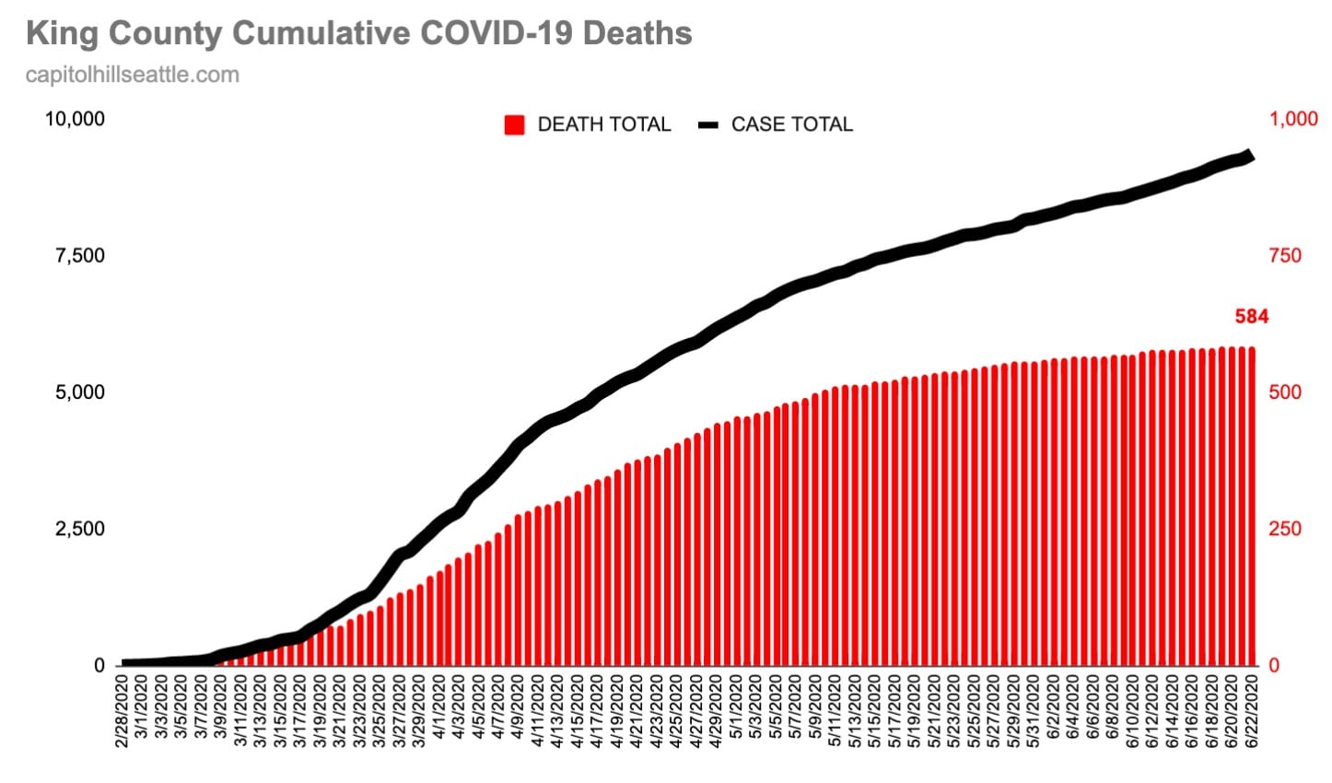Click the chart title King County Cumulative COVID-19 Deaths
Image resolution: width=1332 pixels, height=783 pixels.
[358, 33]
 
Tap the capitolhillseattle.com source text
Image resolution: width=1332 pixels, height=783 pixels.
[132, 75]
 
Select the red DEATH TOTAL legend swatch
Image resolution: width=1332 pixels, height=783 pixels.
[514, 124]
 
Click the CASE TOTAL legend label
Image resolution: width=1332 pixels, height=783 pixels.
[791, 124]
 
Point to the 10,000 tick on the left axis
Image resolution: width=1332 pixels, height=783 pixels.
[76, 119]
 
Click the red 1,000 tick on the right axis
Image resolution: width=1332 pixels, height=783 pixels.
[1292, 119]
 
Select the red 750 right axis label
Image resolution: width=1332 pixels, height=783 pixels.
[1285, 255]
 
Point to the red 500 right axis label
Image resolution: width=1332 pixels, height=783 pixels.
[1285, 392]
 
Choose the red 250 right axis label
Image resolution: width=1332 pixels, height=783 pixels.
[1285, 529]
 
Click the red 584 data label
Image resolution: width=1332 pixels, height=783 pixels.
[1251, 317]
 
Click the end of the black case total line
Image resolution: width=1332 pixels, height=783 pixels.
[1249, 156]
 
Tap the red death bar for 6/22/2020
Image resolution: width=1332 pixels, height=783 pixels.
[1252, 507]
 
